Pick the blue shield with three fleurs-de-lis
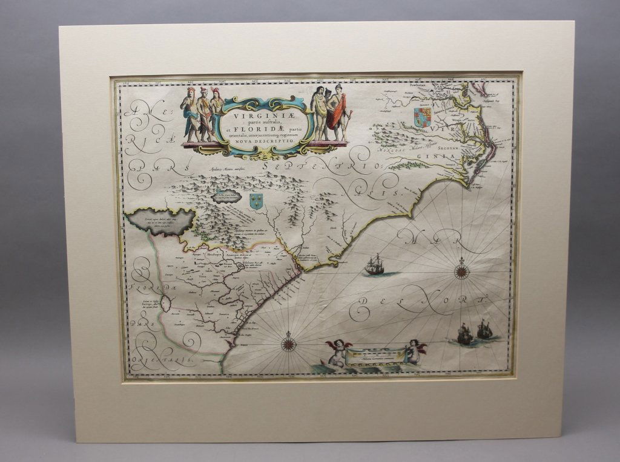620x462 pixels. point(257,201)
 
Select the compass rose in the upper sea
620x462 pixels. point(462,270)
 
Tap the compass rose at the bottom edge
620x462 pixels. point(288,344)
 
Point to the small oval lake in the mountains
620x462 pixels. point(227,197)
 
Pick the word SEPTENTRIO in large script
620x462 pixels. point(323,163)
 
